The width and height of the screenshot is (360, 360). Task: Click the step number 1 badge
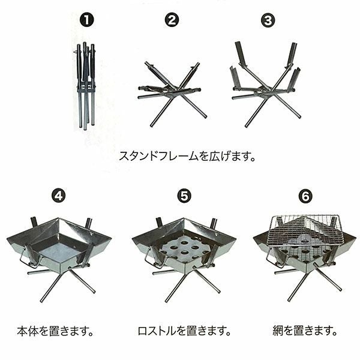(87, 20)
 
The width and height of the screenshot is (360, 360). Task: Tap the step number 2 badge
(172, 20)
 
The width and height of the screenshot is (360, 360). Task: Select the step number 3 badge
(268, 20)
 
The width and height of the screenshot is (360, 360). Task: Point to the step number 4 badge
(58, 196)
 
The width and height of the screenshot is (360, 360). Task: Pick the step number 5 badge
(184, 196)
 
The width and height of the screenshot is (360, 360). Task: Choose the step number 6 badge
(305, 196)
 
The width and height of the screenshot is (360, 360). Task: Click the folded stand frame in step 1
(85, 85)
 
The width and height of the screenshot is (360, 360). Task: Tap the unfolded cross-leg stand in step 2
(173, 94)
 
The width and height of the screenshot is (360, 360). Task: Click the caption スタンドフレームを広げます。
(187, 157)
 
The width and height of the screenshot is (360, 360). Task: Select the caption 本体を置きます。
(55, 331)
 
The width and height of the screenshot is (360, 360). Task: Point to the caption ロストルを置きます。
(184, 331)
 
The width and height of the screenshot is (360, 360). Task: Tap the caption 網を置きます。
(305, 331)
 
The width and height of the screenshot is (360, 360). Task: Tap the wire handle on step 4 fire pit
(27, 257)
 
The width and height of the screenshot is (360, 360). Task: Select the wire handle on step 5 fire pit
(152, 258)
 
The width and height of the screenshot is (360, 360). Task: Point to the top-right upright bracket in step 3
(292, 55)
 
